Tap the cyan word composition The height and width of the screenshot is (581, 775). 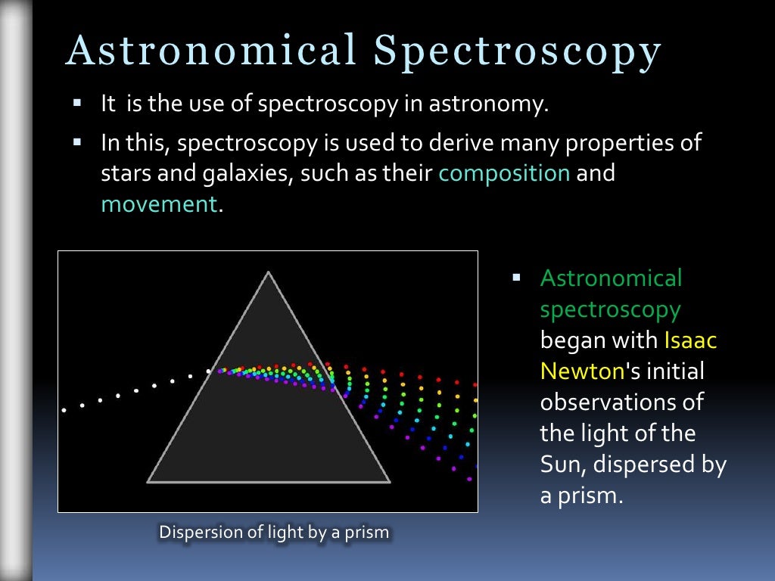(504, 173)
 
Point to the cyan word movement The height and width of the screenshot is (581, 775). (159, 204)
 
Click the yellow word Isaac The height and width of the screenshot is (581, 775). (690, 340)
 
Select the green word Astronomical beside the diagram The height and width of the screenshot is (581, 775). (611, 278)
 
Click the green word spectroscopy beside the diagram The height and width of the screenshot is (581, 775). (610, 309)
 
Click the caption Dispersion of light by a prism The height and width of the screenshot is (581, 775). (273, 532)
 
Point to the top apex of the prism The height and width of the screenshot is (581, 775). (268, 272)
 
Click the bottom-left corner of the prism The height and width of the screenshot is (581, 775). (148, 480)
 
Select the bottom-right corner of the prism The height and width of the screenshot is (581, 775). (388, 480)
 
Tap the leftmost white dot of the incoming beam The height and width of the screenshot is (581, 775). (64, 410)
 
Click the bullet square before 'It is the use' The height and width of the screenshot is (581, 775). (76, 101)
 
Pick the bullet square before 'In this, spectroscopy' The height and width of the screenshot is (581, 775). (76, 141)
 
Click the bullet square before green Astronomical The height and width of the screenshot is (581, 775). (517, 278)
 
